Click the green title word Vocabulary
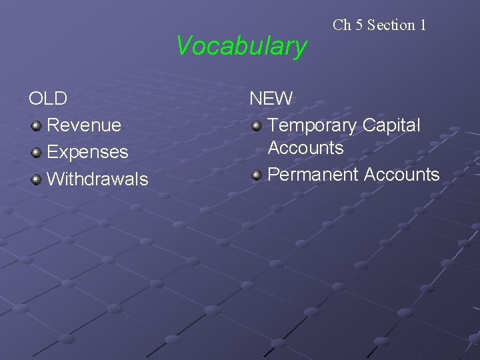point(241,47)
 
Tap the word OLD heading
point(48,99)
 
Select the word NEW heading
point(271,99)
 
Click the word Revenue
point(84,125)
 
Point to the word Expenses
point(87,152)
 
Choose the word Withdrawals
point(97,179)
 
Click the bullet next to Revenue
point(37,125)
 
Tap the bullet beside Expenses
point(37,152)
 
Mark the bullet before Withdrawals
point(37,179)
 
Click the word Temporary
point(312,125)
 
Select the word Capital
point(391,125)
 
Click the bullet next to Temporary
point(257,125)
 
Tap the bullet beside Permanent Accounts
point(257,175)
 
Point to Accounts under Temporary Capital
point(305,148)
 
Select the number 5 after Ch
point(358,25)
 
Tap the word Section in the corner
point(391,25)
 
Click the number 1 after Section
point(423,25)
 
